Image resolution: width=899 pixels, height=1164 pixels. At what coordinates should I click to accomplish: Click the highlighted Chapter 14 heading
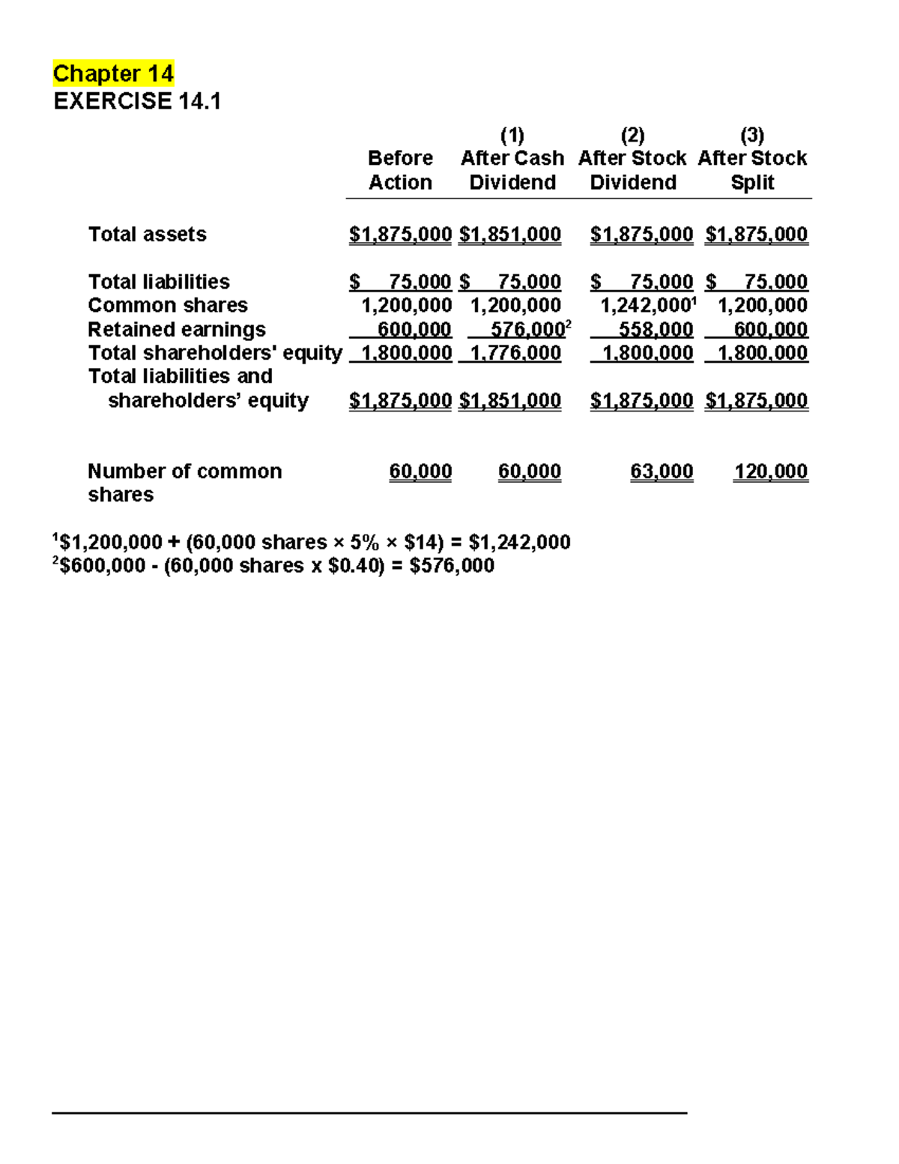(x=113, y=73)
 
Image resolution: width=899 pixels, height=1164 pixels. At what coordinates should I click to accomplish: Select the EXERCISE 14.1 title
(x=137, y=101)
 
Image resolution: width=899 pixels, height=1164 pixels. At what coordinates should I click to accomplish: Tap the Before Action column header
(x=400, y=170)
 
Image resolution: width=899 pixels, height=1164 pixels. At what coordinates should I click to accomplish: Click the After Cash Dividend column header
(x=512, y=170)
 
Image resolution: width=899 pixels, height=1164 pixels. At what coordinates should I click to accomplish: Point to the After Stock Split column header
(x=752, y=170)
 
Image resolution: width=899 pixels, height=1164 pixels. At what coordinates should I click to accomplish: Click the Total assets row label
(x=147, y=235)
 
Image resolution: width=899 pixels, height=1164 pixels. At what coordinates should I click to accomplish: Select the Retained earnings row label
(x=177, y=330)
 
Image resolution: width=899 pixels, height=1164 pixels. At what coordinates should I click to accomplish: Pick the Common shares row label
(x=168, y=305)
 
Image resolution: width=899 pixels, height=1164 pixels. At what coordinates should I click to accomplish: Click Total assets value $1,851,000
(x=510, y=235)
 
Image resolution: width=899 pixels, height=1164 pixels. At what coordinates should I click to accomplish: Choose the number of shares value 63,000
(x=662, y=471)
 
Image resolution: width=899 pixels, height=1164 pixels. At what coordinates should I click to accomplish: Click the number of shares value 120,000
(x=770, y=471)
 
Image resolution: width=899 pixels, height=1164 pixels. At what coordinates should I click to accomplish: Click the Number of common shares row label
(x=184, y=482)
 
